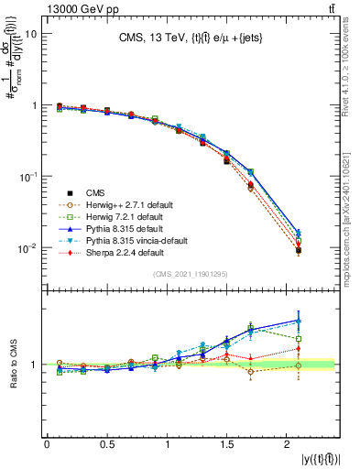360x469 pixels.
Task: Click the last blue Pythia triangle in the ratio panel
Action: coord(298,321)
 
